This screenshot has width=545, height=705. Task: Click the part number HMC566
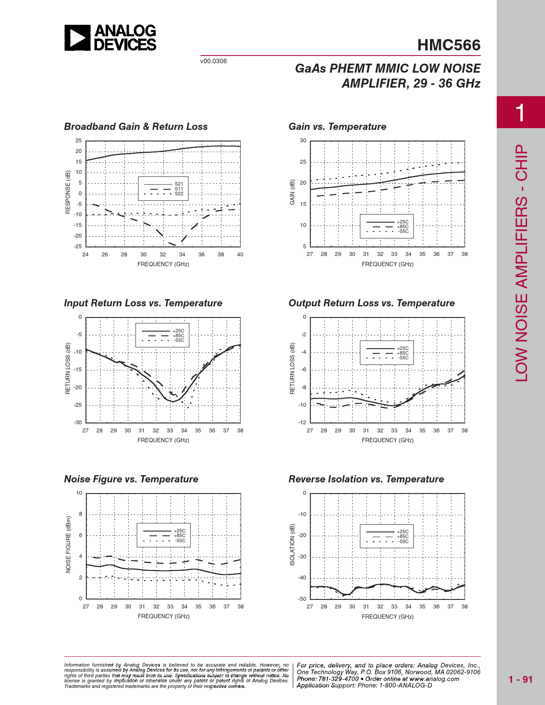[448, 45]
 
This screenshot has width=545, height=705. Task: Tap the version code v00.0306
[213, 61]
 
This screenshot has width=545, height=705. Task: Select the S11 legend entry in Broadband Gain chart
[179, 189]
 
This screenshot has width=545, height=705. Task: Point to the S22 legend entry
[179, 194]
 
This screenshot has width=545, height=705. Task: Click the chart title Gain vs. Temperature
[337, 126]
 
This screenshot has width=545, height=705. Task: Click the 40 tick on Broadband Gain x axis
[240, 255]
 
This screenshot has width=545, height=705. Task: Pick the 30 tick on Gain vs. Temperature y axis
[303, 141]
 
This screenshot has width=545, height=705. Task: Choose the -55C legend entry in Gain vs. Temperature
[403, 232]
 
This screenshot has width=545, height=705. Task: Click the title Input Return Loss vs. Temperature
[143, 303]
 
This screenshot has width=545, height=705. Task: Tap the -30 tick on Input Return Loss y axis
[77, 423]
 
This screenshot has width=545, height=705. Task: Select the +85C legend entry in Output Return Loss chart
[403, 353]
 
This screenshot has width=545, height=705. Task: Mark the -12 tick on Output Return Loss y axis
[302, 423]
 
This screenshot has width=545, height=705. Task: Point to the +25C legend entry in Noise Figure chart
[179, 531]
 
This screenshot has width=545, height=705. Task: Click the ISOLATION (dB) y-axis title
[292, 545]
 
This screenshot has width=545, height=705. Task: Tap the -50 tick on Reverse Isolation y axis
[302, 599]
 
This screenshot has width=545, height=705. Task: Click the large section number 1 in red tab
[520, 113]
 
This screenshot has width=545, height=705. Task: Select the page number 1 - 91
[521, 679]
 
